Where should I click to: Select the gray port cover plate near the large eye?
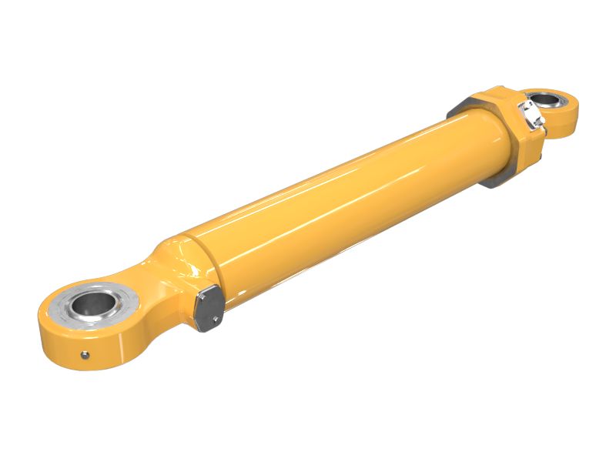(208, 306)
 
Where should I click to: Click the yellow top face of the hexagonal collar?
(493, 101)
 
